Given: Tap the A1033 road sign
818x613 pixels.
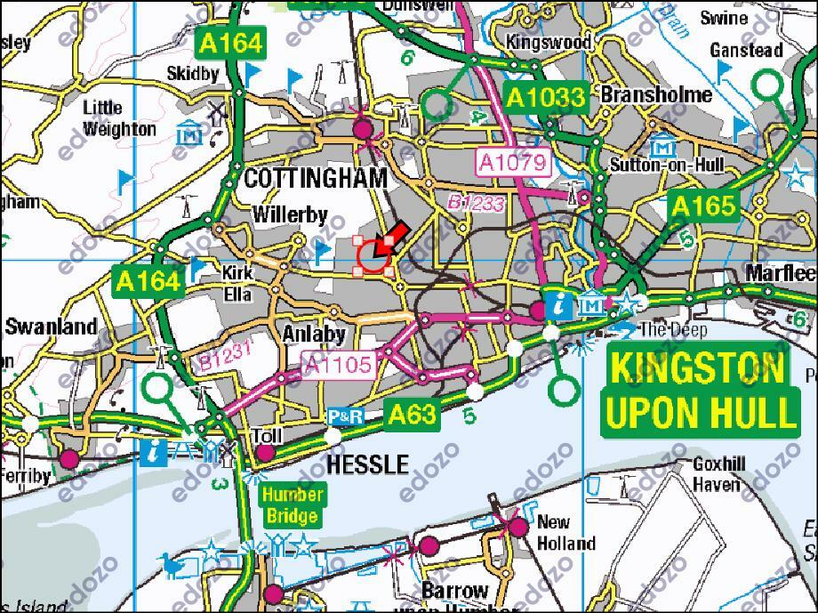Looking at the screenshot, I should click(x=546, y=98).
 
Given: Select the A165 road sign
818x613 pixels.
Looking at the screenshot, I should click(x=703, y=207).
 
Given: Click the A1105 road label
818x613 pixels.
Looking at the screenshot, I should click(x=337, y=364).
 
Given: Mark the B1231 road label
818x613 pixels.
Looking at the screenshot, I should click(x=226, y=357).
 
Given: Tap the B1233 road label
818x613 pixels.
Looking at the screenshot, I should click(x=476, y=204).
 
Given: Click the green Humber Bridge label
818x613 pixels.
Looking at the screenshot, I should click(x=291, y=504).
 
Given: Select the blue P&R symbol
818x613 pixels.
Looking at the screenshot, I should click(x=345, y=415).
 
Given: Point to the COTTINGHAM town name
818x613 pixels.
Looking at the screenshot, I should click(x=316, y=178).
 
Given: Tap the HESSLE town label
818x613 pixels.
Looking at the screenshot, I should click(x=367, y=464).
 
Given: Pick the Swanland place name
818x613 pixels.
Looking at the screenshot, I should click(x=51, y=327).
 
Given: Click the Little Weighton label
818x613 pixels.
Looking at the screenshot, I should click(x=119, y=118).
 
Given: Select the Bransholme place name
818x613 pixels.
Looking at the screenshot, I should click(x=656, y=94).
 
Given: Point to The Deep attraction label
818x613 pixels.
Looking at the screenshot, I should click(x=674, y=330).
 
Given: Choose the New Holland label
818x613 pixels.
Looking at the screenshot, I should click(x=565, y=532).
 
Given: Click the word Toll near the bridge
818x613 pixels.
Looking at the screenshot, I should click(x=267, y=436).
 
